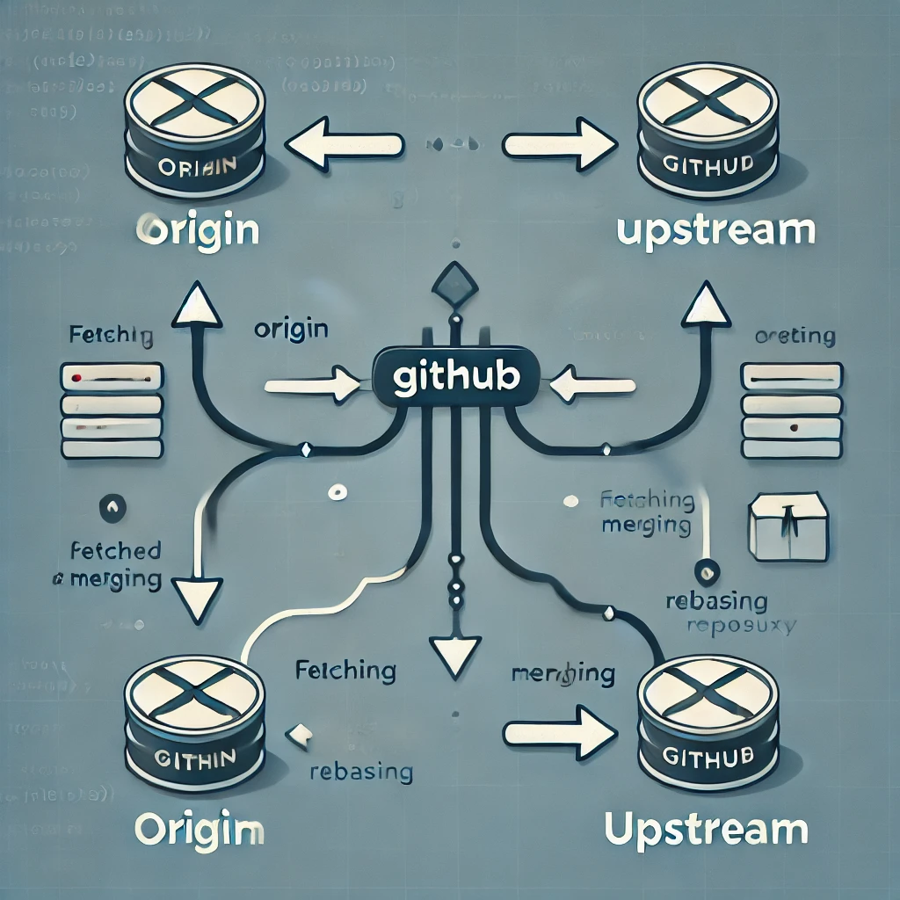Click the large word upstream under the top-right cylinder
(716, 230)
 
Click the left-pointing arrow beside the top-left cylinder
(345, 142)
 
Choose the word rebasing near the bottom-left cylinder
(360, 772)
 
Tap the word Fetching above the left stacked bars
(110, 336)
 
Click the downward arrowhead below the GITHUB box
(454, 652)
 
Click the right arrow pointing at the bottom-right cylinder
(560, 729)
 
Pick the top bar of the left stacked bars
(112, 377)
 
